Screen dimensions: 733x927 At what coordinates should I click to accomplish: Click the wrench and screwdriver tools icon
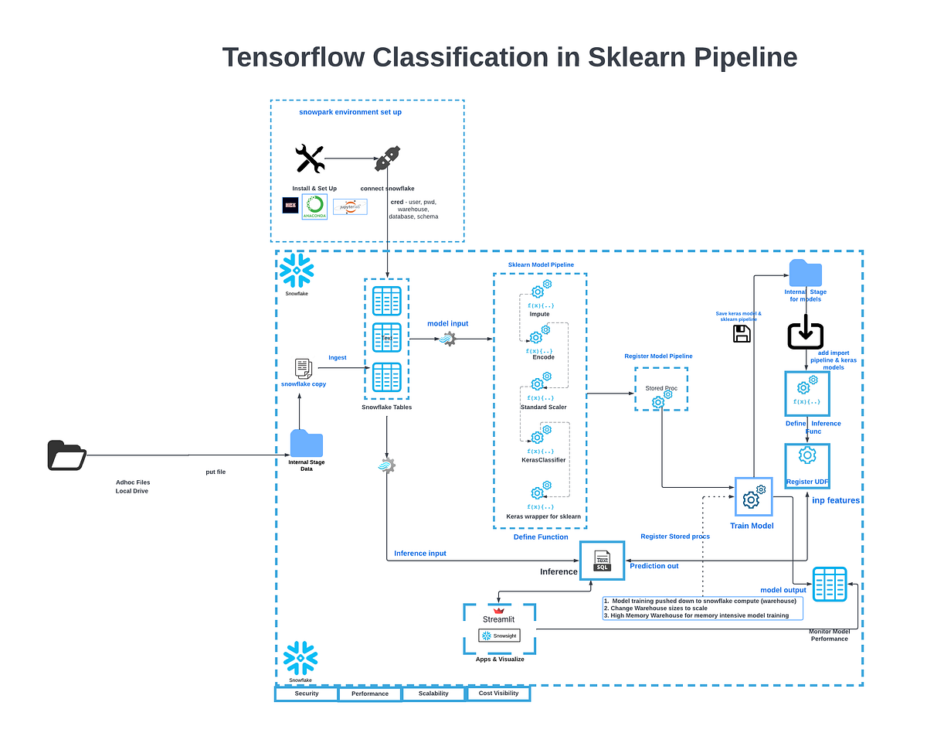309,159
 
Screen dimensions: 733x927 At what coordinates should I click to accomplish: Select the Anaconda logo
314,206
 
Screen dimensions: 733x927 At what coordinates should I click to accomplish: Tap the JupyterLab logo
350,206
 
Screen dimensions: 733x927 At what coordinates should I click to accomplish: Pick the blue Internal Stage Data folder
307,443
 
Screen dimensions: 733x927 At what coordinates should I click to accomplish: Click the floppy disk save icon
741,334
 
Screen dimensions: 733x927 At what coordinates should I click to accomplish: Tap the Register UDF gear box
806,465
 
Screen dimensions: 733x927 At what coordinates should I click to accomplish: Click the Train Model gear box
753,496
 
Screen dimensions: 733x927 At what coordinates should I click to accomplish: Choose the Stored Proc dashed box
660,389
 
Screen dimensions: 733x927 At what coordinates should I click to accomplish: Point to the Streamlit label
498,619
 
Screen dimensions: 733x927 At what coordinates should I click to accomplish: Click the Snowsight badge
499,636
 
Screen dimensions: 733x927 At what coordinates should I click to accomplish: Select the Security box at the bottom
307,694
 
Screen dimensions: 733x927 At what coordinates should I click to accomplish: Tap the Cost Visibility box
498,694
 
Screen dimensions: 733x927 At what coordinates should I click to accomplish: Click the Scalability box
434,694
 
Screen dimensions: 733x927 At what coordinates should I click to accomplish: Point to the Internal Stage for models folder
806,273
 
